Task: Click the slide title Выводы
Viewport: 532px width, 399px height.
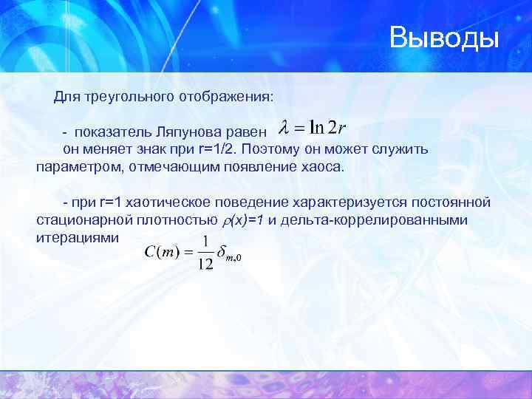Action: (445, 38)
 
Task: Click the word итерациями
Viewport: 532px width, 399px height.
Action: (77, 237)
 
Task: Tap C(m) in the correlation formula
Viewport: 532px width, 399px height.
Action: (160, 253)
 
